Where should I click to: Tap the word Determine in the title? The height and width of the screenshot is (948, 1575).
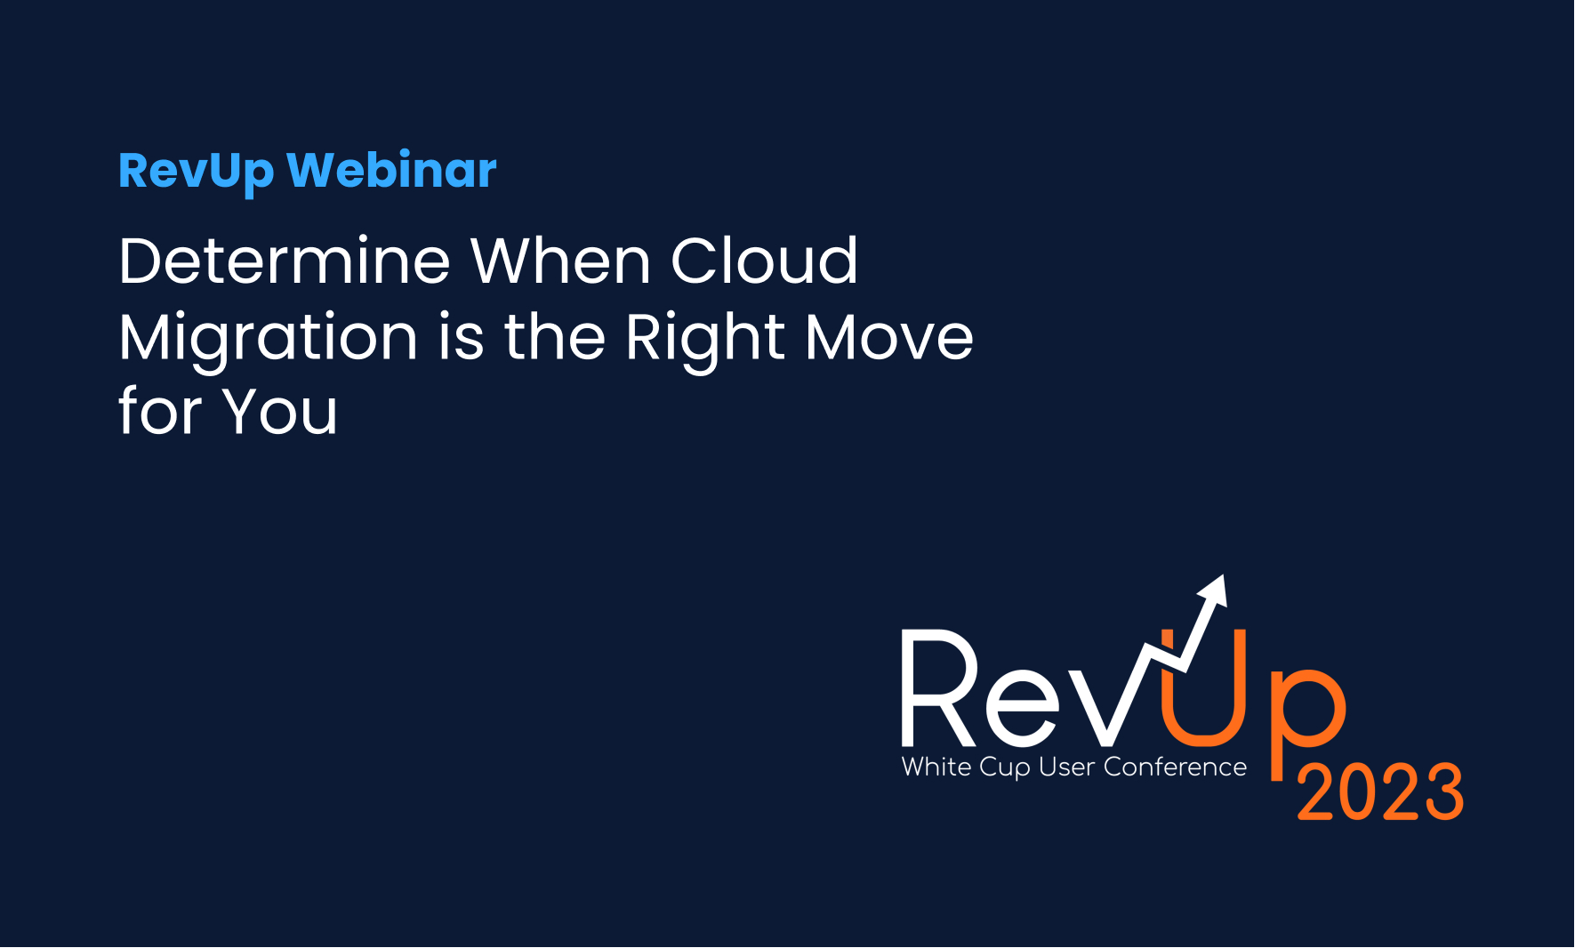[285, 261]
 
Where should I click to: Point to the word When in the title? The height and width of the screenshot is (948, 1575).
[560, 261]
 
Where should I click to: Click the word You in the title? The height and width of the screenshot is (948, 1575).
[280, 411]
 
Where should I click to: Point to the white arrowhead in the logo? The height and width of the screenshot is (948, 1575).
[1213, 590]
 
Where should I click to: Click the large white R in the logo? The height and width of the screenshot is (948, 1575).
[939, 687]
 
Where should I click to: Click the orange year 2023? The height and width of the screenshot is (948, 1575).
[1380, 791]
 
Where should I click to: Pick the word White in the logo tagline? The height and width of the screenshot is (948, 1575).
[936, 767]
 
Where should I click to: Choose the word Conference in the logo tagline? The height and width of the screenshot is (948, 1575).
[1175, 767]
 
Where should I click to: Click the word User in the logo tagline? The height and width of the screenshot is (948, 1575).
[1067, 767]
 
